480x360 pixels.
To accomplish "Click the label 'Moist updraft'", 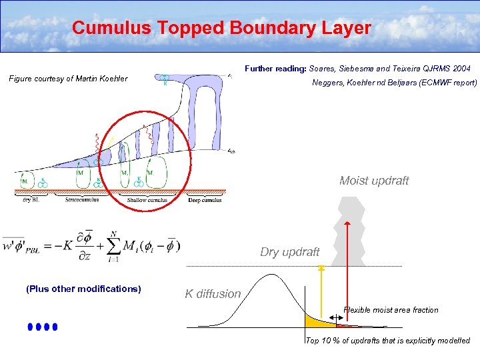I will coord(374,181).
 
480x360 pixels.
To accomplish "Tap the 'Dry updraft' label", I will coord(290,252).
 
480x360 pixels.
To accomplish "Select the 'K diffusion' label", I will coord(213,293).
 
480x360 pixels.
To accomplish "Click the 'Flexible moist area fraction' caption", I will coord(391,309).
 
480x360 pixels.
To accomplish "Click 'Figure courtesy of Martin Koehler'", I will coord(68,79).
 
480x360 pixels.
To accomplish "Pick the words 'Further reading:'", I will coord(276,69).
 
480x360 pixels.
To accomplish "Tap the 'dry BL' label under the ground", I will coord(27,199).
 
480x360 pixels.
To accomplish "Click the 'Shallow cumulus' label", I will coord(149,199).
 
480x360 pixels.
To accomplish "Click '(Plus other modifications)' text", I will coord(83,289).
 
